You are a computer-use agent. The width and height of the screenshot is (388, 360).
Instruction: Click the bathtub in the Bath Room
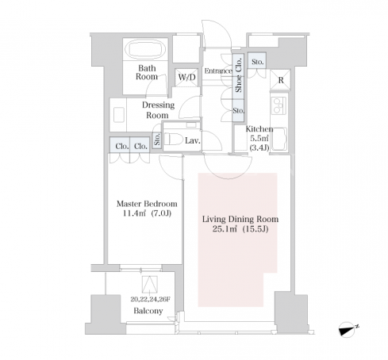coord(145,48)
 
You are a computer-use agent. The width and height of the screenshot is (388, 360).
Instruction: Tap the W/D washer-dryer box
coord(186,78)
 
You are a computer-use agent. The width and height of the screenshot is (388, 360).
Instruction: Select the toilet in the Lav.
coord(174,139)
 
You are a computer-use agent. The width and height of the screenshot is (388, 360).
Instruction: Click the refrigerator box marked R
coord(280,80)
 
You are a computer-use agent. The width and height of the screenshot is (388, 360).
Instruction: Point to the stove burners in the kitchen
coord(279,105)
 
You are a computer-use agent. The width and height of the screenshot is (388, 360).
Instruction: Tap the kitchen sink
coord(279,139)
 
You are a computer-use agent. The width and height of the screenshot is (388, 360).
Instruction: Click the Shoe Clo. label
coord(239,75)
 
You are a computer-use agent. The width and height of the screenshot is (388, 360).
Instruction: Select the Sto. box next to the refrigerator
coord(257,61)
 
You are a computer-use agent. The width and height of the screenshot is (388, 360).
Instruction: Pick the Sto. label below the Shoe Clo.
coord(238,111)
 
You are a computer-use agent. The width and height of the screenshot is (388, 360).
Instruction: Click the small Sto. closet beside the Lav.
coord(157,140)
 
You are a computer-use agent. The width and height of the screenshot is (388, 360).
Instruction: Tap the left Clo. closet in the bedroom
coord(120,145)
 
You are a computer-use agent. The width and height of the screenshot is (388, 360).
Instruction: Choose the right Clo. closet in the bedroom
coord(140,145)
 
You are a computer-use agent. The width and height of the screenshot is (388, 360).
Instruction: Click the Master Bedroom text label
coord(147,204)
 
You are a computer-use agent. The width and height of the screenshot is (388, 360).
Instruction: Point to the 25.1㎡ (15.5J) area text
coord(240,229)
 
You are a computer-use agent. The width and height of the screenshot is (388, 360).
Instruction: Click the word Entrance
coord(218,71)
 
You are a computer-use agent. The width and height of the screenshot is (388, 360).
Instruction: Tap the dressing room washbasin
coord(119,115)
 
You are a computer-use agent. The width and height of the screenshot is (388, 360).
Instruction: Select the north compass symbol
coord(347,330)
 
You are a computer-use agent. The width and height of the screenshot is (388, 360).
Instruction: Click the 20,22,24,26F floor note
coord(150,299)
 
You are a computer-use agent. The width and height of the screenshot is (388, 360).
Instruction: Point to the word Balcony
coord(148,311)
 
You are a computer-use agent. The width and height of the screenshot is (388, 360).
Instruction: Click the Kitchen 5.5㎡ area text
coord(259,138)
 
